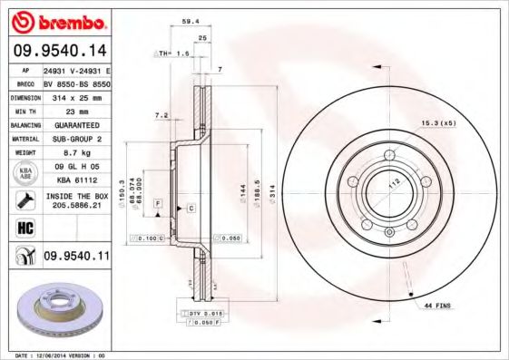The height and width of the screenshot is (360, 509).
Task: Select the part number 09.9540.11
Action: click(x=76, y=257)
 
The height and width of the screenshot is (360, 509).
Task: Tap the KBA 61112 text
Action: click(x=75, y=180)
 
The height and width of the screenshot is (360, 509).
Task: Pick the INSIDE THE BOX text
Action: click(x=76, y=195)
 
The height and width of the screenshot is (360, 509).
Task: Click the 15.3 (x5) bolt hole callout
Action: click(x=436, y=122)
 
